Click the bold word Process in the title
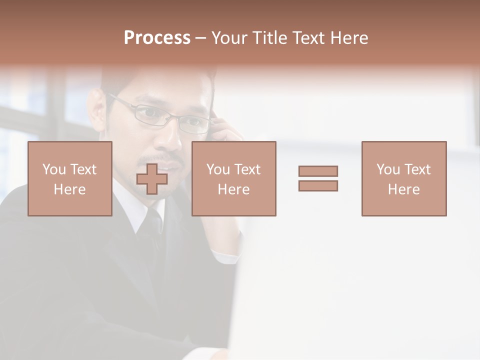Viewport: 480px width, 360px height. (157, 38)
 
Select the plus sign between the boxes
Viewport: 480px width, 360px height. (152, 179)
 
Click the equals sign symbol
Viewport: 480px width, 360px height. (318, 178)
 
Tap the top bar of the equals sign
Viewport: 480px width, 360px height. (318, 171)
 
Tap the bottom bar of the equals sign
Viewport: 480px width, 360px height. (318, 186)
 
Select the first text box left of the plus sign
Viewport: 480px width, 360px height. (70, 178)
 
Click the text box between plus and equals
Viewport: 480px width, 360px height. (234, 178)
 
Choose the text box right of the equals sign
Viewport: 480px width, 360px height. (404, 178)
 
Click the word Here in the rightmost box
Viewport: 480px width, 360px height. (404, 189)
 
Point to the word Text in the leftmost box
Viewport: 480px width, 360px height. (83, 169)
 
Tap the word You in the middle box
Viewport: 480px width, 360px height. (218, 169)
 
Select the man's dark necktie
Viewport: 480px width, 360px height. (152, 235)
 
